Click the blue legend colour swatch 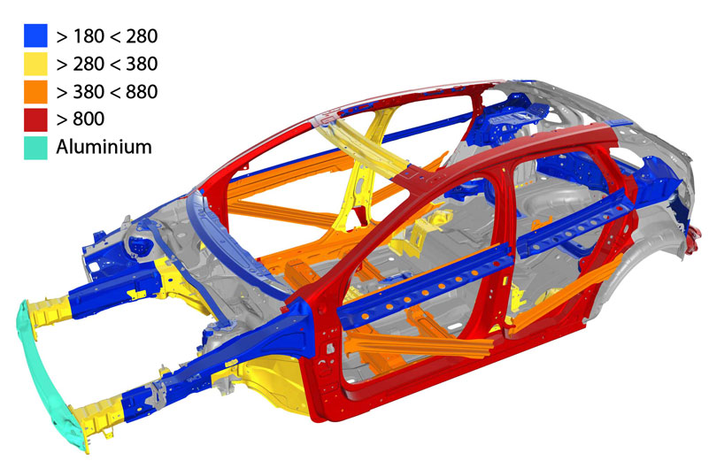tap(35, 35)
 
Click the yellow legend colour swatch tap(35, 64)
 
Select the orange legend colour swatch tap(35, 92)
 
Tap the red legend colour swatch tap(35, 119)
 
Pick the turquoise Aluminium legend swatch tap(35, 148)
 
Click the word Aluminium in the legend tap(104, 148)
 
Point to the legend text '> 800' tap(81, 119)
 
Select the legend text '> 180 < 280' tap(107, 36)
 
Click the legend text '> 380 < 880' tap(107, 92)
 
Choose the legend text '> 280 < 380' tap(107, 64)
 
